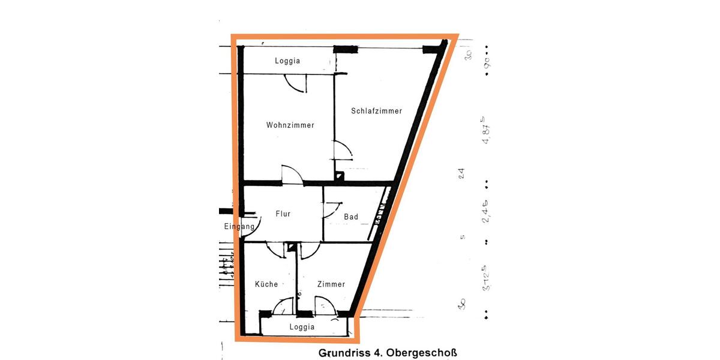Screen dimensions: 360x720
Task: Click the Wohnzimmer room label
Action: pos(290,125)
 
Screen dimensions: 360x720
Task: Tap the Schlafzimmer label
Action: pos(376,111)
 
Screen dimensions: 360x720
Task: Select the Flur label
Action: pos(283,214)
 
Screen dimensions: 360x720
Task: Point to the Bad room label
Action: pos(351,217)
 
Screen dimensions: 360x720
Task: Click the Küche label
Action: pos(266,284)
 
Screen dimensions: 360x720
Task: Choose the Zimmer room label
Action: pos(331,284)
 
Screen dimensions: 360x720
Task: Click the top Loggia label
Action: pos(287,61)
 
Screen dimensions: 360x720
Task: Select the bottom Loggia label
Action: pos(302,327)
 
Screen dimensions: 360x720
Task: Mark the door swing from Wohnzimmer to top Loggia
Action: pos(296,83)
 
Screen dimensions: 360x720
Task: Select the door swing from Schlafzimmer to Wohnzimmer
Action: pos(343,150)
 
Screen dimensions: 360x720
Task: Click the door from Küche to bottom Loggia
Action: pos(282,307)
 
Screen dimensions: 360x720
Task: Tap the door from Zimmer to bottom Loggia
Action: pos(325,307)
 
